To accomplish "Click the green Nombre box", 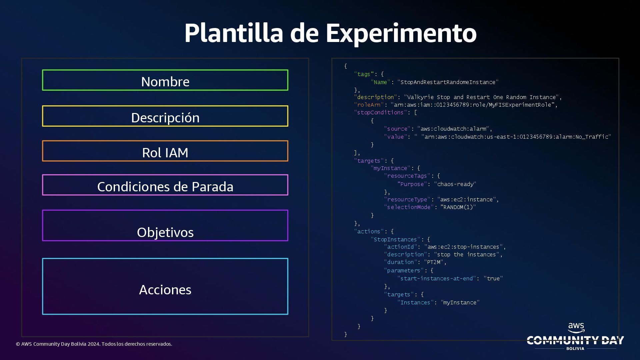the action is (165, 80).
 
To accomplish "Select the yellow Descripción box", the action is (165, 116).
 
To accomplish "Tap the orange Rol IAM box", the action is (165, 151).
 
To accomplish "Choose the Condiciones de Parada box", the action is (165, 185).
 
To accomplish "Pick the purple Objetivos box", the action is (165, 226).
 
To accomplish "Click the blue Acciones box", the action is (165, 287).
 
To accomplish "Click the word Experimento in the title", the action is (401, 33).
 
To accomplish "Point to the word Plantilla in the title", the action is (234, 33).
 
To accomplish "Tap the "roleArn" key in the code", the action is (369, 105).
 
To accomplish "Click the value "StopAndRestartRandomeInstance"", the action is (448, 82).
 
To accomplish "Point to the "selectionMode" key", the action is (409, 207).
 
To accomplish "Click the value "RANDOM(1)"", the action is (458, 207).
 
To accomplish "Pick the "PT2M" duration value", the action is (433, 262).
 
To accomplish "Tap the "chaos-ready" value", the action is (455, 184).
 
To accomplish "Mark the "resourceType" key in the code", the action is (407, 200).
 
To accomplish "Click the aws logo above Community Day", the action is (576, 328).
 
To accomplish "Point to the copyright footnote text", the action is (94, 344).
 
